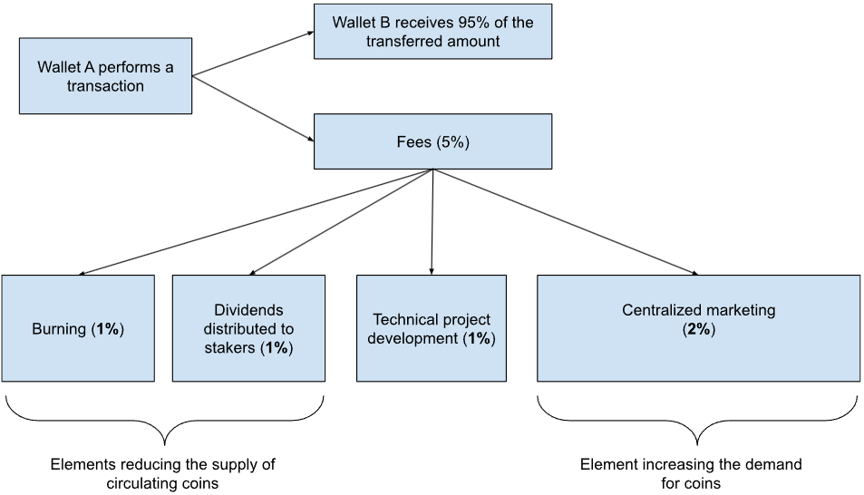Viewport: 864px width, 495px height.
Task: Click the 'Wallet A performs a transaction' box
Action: pos(105,75)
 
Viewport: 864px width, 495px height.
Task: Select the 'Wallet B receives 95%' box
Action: pos(432,31)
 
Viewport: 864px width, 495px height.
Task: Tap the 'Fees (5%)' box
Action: pos(432,141)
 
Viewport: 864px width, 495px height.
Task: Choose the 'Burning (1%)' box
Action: pos(78,328)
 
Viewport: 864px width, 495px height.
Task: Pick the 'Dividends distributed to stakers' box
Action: pos(248,328)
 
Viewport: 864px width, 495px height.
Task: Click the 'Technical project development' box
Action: pos(432,328)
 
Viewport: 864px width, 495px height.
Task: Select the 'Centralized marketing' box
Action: pos(698,328)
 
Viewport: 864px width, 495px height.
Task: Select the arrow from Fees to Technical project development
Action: pos(432,221)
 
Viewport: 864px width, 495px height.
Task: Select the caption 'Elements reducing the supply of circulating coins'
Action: pos(163,473)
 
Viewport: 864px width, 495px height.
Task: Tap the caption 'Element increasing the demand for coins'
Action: pos(691,473)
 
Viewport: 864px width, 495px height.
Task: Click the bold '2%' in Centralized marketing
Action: pos(698,329)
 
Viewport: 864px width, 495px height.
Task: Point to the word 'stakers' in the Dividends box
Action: pos(226,347)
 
